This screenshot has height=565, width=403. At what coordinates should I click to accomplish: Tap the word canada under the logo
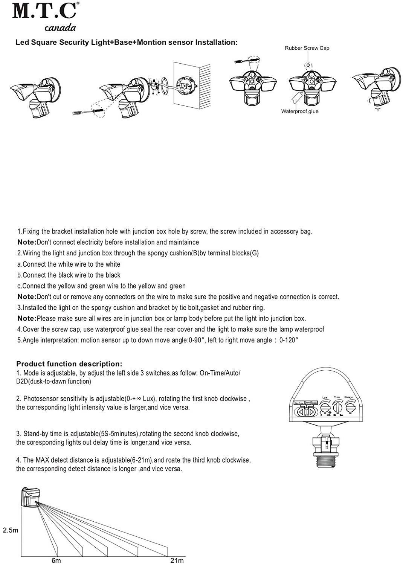point(60,28)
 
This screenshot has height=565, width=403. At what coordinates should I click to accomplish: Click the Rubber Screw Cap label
point(307,48)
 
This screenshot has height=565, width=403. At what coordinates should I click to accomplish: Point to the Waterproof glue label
point(300,111)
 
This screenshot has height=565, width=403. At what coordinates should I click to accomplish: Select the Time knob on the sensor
point(337,408)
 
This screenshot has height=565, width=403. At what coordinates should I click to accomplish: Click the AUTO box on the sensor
point(308,403)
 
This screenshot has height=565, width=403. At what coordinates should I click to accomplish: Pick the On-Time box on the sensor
point(299,403)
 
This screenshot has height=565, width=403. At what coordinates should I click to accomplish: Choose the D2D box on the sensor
point(314,403)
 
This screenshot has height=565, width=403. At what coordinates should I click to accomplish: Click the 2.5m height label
point(11,530)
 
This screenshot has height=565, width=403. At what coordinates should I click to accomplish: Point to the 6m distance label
point(56,560)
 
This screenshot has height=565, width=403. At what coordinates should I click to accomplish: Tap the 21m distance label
point(177,560)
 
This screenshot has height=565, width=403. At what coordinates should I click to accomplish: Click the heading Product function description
point(69,364)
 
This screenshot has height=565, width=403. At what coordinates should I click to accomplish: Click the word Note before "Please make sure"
point(26,319)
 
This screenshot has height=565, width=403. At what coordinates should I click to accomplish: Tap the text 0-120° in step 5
point(289,341)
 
